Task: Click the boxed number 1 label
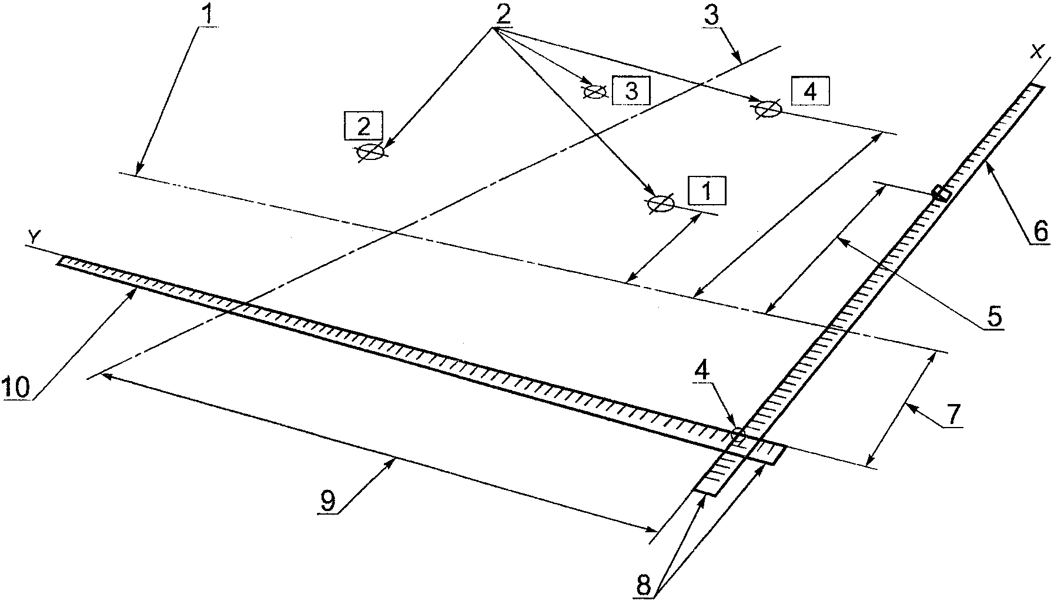pyautogui.click(x=708, y=191)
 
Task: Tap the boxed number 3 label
pyautogui.click(x=630, y=91)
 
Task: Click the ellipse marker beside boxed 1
pyautogui.click(x=661, y=203)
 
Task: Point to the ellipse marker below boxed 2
pyautogui.click(x=371, y=152)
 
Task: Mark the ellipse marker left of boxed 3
pyautogui.click(x=594, y=91)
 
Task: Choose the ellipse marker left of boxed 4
pyautogui.click(x=768, y=109)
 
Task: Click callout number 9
pyautogui.click(x=327, y=500)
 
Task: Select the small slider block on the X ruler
pyautogui.click(x=942, y=193)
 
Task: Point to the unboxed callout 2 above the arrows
pyautogui.click(x=502, y=14)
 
